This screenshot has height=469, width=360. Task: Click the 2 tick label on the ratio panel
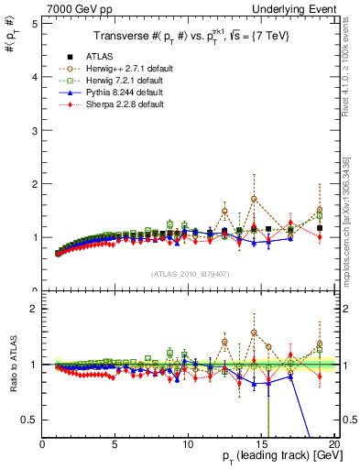(33, 309)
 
